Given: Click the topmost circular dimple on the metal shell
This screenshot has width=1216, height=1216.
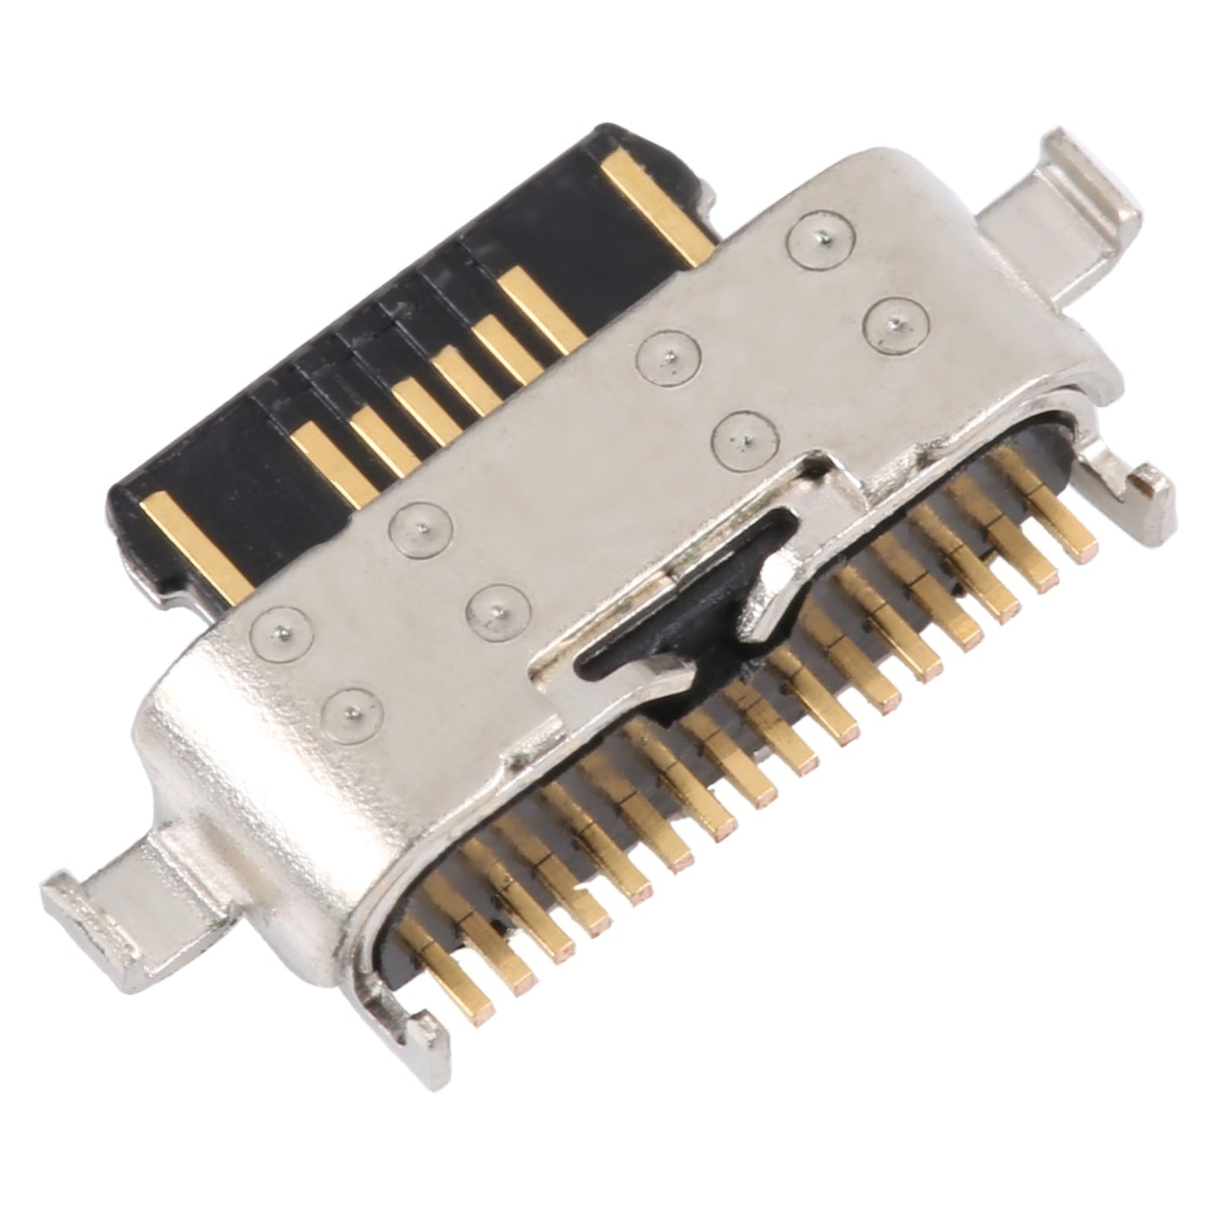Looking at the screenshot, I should pos(812,238).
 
